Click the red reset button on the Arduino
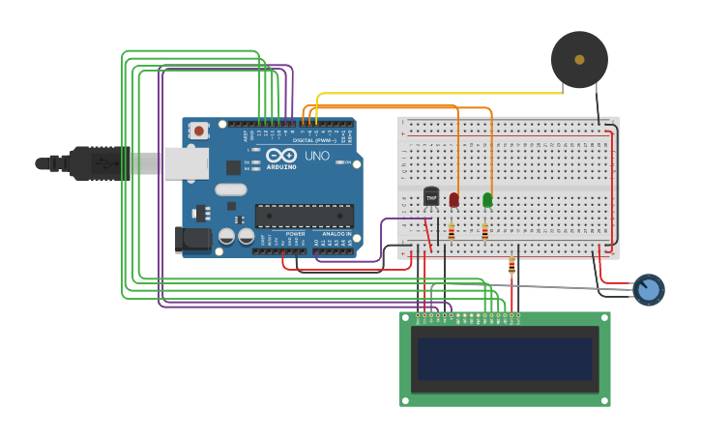click(198, 130)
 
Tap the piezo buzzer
click(579, 60)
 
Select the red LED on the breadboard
click(454, 199)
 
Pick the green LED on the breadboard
click(487, 199)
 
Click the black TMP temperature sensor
click(431, 196)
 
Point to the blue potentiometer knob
click(648, 289)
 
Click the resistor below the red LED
click(452, 232)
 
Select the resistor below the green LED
click(484, 232)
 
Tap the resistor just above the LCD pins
click(511, 266)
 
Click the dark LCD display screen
click(505, 359)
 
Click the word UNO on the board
click(317, 156)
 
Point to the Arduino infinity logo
click(281, 155)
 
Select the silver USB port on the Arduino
click(186, 163)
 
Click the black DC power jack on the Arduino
click(192, 240)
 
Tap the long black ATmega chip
click(303, 217)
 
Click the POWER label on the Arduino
click(296, 234)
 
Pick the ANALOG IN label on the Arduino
click(336, 234)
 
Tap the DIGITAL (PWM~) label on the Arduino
click(313, 140)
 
